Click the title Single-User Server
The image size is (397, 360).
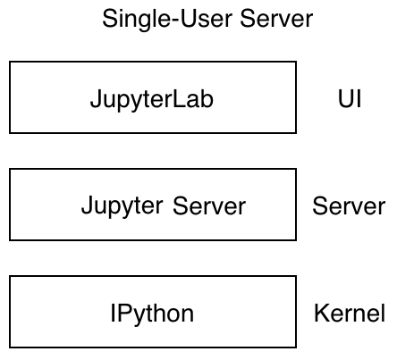click(x=207, y=19)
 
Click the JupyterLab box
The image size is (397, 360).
click(x=152, y=97)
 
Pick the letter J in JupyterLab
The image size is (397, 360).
click(x=95, y=98)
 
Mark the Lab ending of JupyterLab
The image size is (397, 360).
click(x=197, y=98)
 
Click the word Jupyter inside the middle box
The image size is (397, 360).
click(x=122, y=207)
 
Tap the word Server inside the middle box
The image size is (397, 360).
click(x=209, y=206)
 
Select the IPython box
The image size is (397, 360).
click(x=152, y=313)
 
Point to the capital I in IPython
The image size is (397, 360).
click(x=114, y=314)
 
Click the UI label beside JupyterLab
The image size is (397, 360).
click(x=350, y=98)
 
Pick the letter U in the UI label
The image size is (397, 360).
click(x=344, y=98)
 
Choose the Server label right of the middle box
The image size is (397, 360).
click(x=348, y=206)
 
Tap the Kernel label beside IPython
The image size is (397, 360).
click(x=350, y=314)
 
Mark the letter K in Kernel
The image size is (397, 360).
click(x=321, y=314)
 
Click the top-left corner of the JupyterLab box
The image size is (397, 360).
click(x=10, y=62)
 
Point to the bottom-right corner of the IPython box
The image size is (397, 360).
click(x=295, y=347)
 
